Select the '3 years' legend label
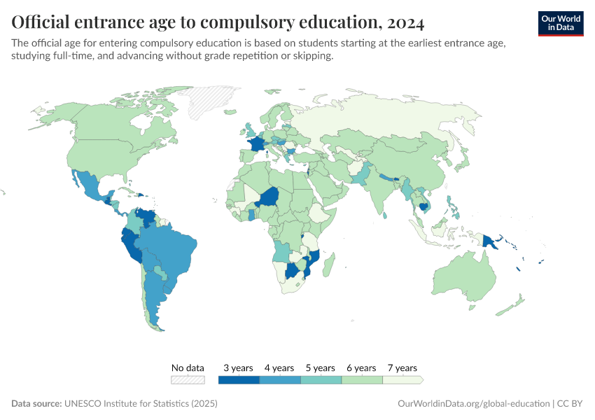(x=238, y=367)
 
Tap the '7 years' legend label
(x=402, y=367)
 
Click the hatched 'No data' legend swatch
(x=188, y=380)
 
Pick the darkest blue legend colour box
(x=239, y=380)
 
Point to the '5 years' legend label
(x=320, y=367)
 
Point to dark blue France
(x=257, y=144)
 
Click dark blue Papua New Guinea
(x=491, y=241)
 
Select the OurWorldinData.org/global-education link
(x=473, y=404)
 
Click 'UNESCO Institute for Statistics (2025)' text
(x=141, y=404)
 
